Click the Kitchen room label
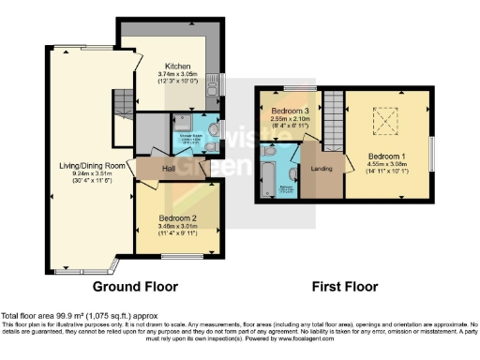(178, 67)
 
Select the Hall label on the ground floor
(170, 169)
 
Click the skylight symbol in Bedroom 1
(383, 121)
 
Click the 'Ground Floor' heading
(129, 287)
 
